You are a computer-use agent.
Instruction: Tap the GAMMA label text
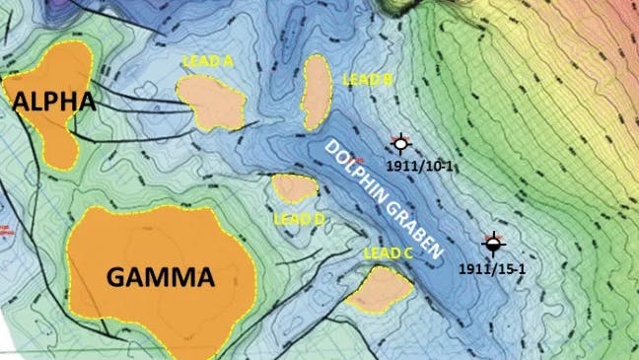point(159,277)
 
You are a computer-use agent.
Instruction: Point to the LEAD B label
point(367,78)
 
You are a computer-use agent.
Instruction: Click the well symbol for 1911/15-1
point(492,243)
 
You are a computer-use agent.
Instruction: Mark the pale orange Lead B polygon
point(317,94)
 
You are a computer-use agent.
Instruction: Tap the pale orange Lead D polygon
point(293,187)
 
